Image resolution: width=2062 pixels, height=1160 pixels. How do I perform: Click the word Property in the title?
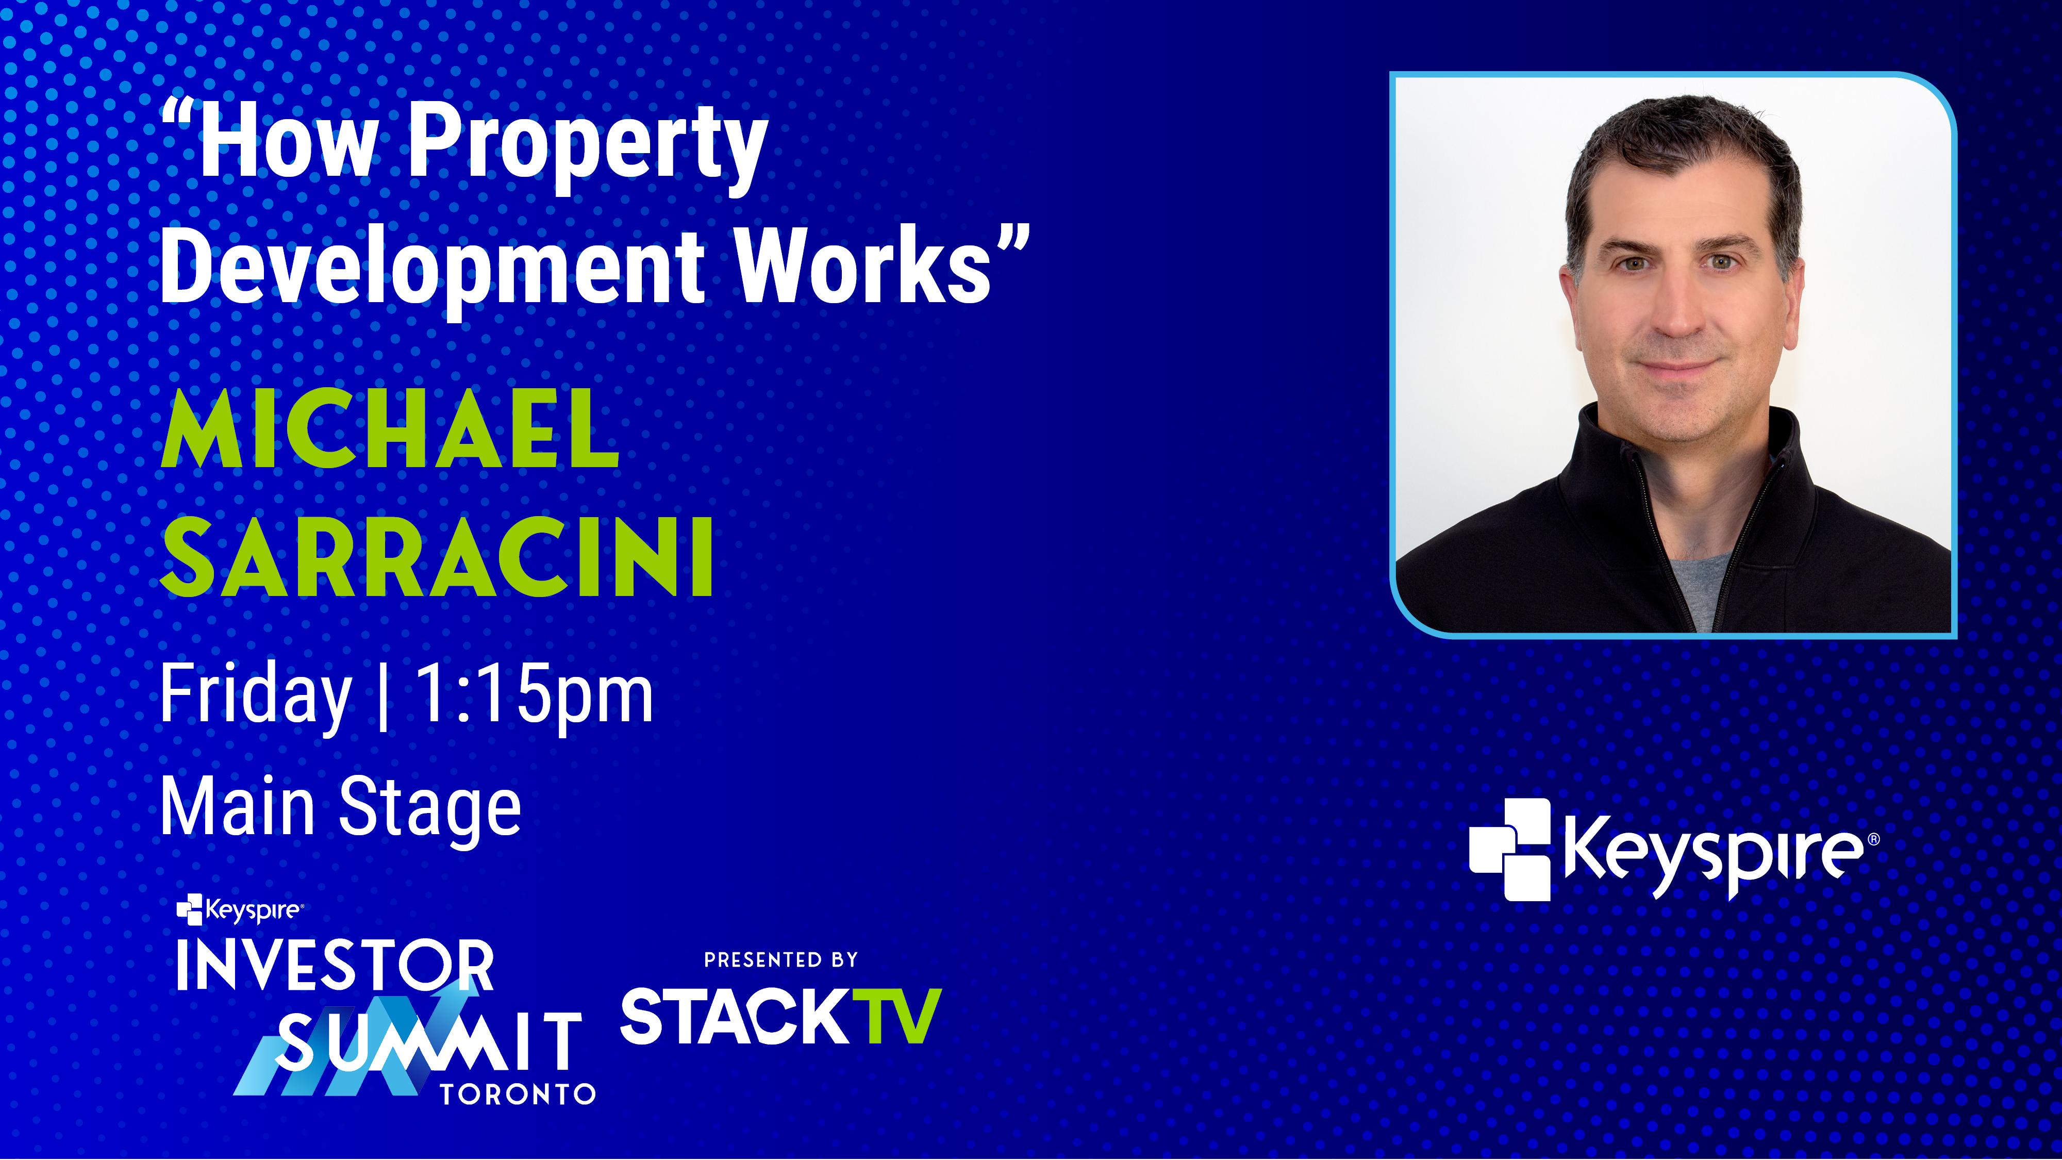(588, 148)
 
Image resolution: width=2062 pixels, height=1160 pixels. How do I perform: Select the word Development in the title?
(433, 268)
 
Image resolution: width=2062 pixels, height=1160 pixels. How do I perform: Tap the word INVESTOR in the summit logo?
(335, 966)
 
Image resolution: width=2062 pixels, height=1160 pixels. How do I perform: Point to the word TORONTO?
(518, 1095)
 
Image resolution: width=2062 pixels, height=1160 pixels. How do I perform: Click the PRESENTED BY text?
(780, 960)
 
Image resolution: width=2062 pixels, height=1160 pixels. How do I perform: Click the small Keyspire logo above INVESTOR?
(239, 910)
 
